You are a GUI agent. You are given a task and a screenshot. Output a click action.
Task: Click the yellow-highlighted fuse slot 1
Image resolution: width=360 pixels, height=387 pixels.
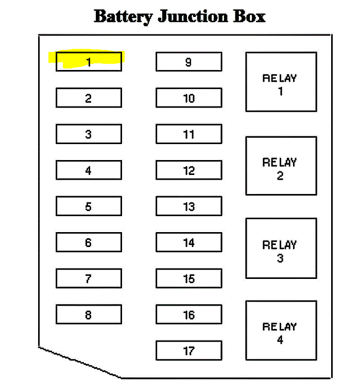tap(89, 62)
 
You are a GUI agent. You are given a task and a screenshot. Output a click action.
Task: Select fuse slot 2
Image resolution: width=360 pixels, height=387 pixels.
tap(89, 98)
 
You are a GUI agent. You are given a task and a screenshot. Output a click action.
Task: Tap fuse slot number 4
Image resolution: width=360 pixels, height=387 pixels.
tap(89, 170)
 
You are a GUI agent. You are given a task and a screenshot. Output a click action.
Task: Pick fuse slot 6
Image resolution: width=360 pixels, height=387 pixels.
tap(89, 242)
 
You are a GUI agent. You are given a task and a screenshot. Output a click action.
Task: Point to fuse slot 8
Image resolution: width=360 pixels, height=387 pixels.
tap(89, 314)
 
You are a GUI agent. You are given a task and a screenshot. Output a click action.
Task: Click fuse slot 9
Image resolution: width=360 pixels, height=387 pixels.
tap(188, 62)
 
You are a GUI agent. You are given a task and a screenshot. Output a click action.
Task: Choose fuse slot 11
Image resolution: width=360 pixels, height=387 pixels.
tap(188, 134)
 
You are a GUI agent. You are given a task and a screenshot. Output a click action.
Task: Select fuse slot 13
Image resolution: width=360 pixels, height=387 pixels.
tap(188, 206)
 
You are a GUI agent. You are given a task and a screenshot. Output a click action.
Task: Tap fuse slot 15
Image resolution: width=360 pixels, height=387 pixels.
tap(188, 278)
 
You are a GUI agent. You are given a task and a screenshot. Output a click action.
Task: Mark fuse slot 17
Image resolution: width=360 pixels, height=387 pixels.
tap(188, 350)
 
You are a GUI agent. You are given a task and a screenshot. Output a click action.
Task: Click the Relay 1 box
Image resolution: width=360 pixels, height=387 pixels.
tap(281, 82)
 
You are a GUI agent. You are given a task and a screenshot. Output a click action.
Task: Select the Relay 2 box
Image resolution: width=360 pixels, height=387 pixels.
tap(281, 166)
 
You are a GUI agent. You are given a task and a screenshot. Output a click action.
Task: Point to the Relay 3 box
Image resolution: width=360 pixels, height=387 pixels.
tap(281, 248)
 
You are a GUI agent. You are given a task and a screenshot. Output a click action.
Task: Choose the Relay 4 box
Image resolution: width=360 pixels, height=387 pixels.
tap(281, 330)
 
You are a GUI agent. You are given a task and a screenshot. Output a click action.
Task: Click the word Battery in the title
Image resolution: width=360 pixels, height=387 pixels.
tap(123, 16)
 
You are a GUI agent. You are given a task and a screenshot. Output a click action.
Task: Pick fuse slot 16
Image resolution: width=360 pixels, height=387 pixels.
tap(188, 314)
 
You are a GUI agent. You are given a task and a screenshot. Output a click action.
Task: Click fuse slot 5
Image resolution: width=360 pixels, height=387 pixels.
tap(89, 206)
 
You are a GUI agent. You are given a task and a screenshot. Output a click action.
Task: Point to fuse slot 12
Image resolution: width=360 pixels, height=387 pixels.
tap(188, 170)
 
